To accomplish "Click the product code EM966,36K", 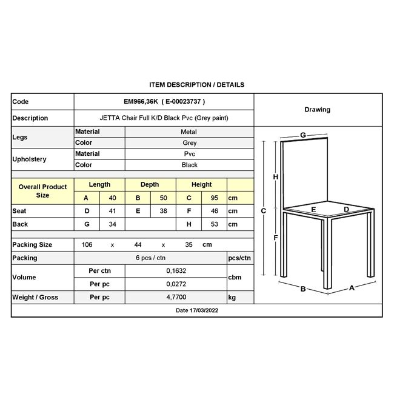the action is [141, 101].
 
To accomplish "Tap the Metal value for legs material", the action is [189, 132].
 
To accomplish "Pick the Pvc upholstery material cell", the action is [190, 154].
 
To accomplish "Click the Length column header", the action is [99, 184].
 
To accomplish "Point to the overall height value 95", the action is [215, 198].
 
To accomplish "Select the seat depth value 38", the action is [163, 211].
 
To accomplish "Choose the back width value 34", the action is [112, 224].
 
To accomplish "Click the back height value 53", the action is [215, 224].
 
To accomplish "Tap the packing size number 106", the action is [87, 244].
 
